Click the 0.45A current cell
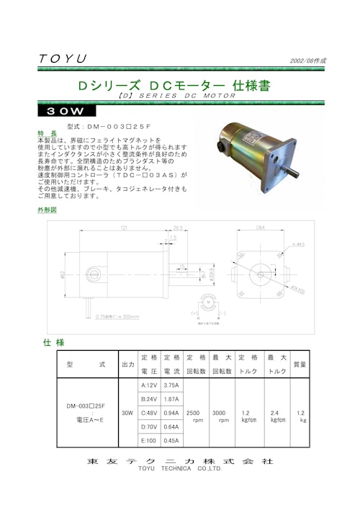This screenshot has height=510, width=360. [171, 440]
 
